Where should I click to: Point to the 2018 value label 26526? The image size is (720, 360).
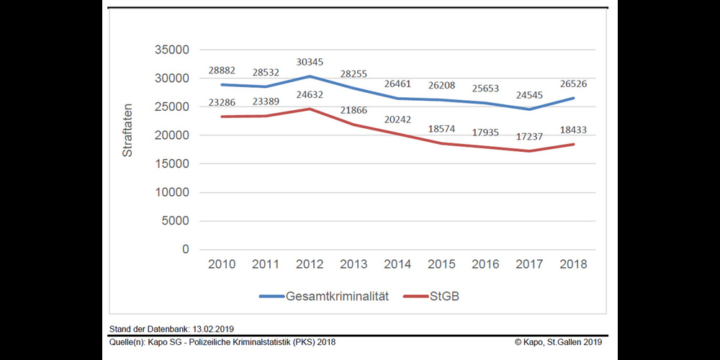tap(574, 84)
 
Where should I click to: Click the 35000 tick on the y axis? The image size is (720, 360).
tap(172, 50)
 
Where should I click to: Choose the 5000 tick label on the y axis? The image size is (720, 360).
tap(176, 221)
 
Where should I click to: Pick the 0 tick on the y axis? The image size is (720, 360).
tap(185, 249)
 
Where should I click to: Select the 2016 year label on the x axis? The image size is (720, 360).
tap(485, 264)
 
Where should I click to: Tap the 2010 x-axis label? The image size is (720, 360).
tap(222, 264)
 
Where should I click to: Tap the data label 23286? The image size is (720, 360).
tap(222, 102)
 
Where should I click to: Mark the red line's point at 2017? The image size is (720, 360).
tap(531, 150)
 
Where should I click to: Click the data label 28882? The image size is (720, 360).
tap(222, 69)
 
